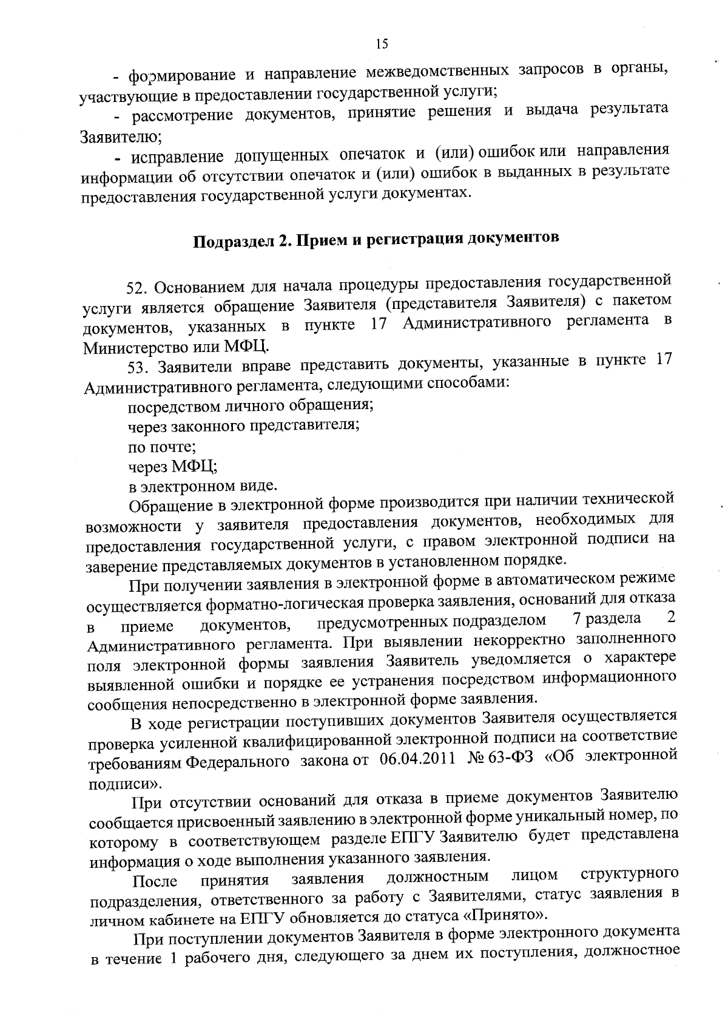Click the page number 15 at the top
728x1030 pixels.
click(x=381, y=43)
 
